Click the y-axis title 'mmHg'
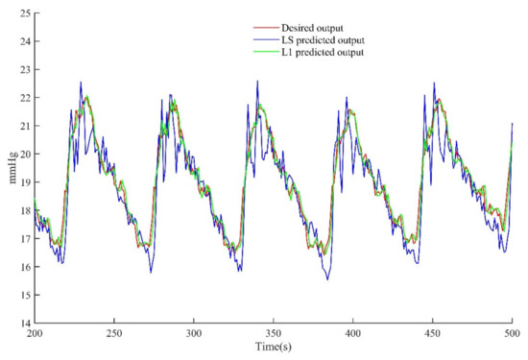(x=11, y=172)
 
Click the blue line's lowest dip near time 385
(x=327, y=279)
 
